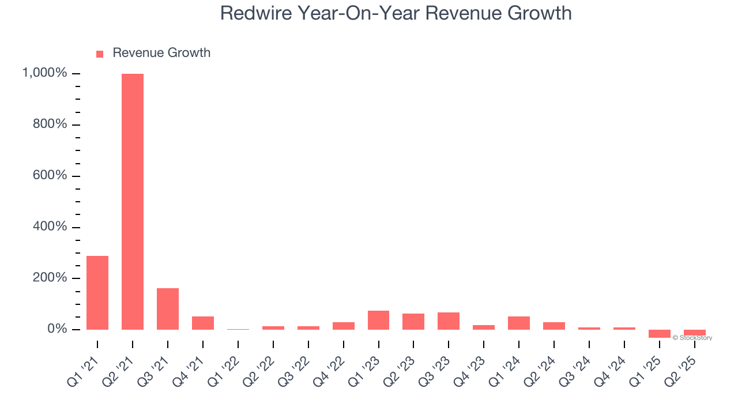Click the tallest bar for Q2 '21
point(132,202)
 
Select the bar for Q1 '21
point(97,293)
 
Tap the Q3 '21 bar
point(168,309)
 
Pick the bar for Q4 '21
point(203,323)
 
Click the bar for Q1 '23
point(378,320)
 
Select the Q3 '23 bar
point(449,321)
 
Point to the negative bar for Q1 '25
point(659,334)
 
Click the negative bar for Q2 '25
point(694,333)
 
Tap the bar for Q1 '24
point(519,323)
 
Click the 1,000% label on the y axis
point(44,73)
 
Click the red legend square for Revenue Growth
point(100,54)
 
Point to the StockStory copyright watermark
point(692,338)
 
